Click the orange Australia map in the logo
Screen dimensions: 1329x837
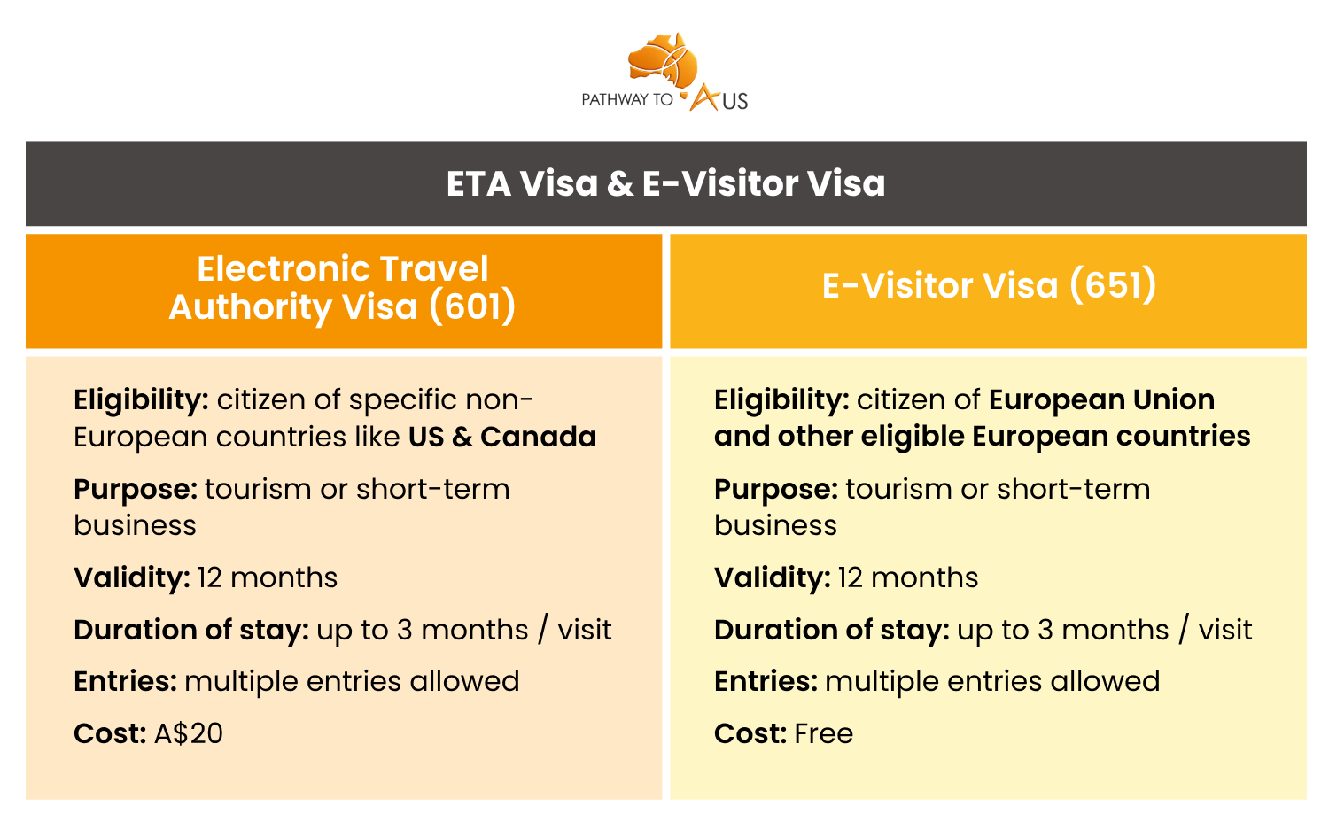tap(663, 59)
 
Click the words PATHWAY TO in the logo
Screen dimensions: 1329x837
tap(627, 100)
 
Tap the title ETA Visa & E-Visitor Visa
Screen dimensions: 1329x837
tap(665, 183)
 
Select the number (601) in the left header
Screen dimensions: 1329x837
tap(472, 306)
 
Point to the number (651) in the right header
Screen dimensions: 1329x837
tap(1113, 285)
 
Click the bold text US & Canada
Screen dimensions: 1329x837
tap(502, 438)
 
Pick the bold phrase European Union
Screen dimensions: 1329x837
tap(1102, 399)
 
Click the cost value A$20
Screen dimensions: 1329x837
tap(189, 733)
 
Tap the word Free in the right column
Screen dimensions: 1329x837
tap(823, 733)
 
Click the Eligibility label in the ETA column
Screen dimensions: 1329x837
tap(141, 400)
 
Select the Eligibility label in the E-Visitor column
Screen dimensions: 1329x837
tap(782, 400)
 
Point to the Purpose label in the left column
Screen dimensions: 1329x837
tap(136, 490)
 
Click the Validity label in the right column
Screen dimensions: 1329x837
tap(773, 577)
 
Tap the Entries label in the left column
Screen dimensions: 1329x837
tap(125, 682)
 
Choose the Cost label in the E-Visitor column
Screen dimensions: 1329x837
tap(750, 733)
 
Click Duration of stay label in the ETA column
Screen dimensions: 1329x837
tap(191, 630)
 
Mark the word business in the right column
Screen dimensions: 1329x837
tap(775, 525)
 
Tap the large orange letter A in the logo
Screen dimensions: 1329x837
tap(705, 97)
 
